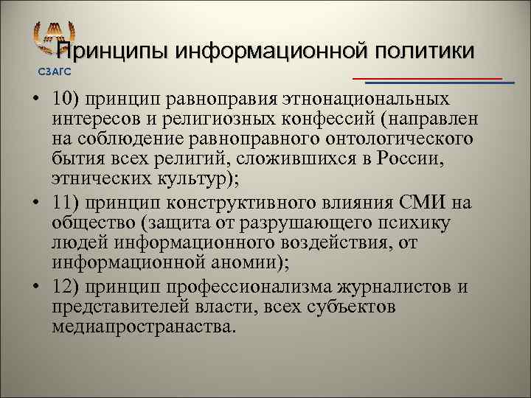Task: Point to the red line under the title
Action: coord(428,77)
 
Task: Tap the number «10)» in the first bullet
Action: coord(66,98)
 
